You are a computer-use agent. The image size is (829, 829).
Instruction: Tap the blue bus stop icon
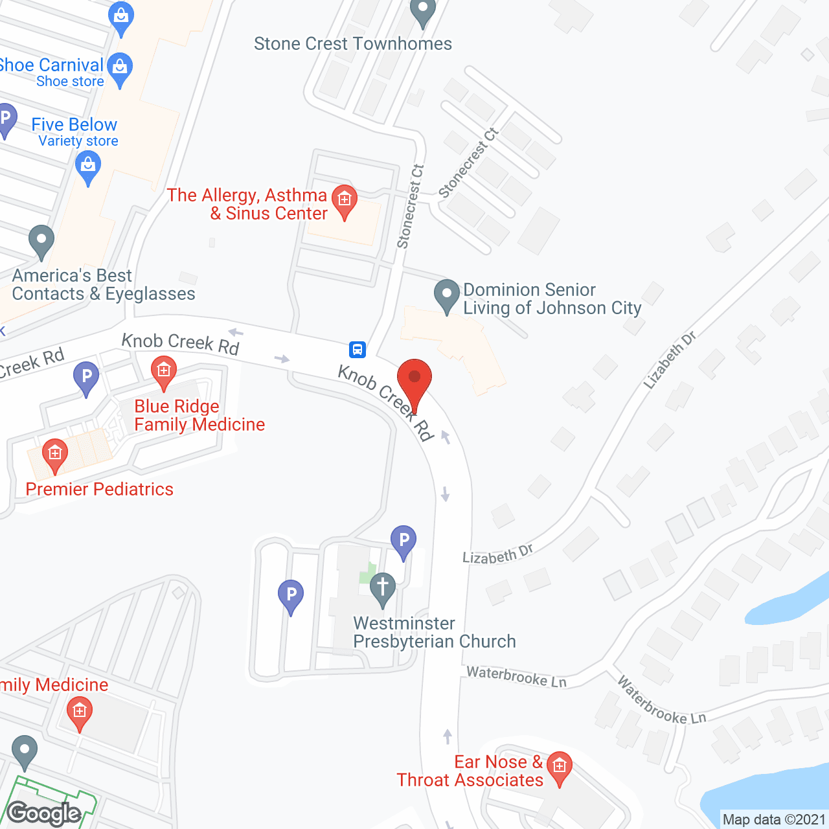click(357, 350)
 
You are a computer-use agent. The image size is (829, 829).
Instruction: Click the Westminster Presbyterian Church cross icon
click(383, 588)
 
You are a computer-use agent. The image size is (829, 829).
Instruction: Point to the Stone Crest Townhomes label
click(353, 44)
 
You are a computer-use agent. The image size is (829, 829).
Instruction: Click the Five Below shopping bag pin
click(88, 166)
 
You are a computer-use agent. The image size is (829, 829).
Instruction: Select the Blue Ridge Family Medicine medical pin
click(164, 372)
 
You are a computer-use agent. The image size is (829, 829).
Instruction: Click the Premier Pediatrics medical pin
click(54, 453)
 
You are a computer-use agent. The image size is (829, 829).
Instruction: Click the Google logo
click(44, 813)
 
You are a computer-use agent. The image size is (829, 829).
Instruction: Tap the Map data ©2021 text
click(774, 820)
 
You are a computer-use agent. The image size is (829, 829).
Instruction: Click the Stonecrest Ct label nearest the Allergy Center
click(411, 207)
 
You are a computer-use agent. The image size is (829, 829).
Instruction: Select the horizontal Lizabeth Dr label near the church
click(497, 554)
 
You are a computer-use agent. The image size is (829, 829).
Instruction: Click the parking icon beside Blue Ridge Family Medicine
click(86, 377)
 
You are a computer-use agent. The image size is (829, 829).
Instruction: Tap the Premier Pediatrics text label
click(100, 489)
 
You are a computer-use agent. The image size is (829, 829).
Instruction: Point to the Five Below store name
click(74, 124)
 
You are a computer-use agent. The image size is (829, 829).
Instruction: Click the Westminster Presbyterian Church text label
click(434, 632)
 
